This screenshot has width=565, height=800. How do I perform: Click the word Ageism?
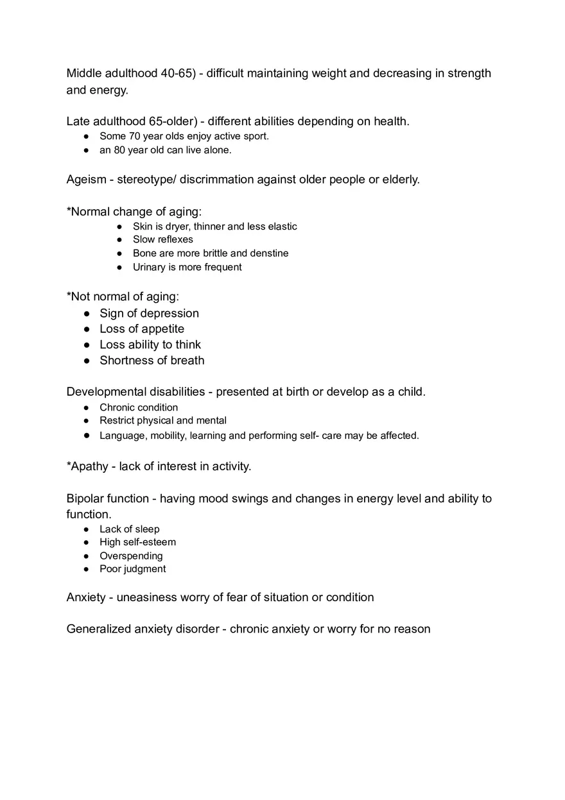click(x=86, y=180)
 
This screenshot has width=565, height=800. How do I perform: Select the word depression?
click(x=169, y=313)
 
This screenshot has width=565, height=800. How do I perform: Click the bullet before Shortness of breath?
click(x=87, y=361)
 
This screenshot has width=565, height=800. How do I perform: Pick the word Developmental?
click(x=107, y=392)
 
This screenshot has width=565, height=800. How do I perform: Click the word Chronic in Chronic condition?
click(x=117, y=407)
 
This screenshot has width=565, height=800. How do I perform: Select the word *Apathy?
click(x=87, y=466)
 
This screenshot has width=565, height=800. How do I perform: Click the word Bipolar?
click(x=85, y=498)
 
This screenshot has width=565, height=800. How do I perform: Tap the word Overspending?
click(x=131, y=556)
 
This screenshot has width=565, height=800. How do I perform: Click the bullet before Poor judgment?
click(x=87, y=569)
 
